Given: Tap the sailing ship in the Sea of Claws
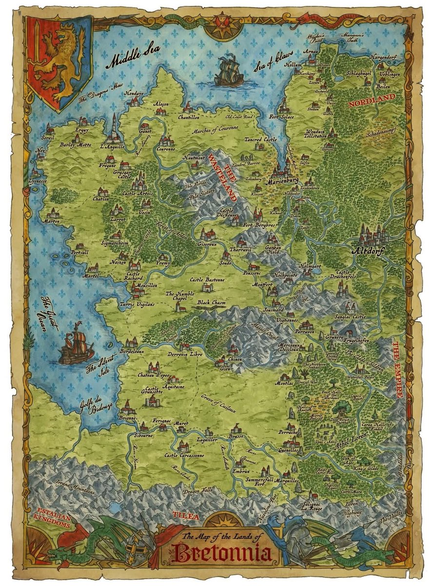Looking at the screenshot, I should (x=229, y=72).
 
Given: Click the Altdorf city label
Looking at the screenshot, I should (x=368, y=252).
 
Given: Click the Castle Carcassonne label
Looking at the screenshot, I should (x=184, y=455).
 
